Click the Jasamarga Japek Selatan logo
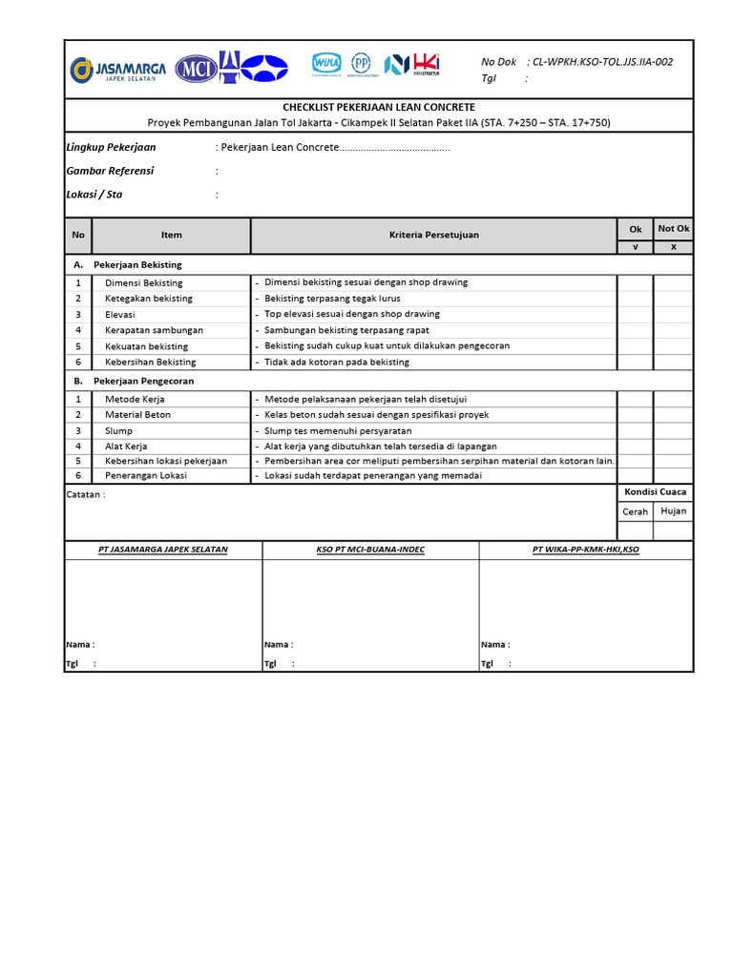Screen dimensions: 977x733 [x=117, y=69]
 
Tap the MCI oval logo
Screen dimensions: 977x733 [x=197, y=69]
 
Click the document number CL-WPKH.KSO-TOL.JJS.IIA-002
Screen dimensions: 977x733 [x=602, y=62]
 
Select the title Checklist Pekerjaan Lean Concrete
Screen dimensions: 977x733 [x=379, y=108]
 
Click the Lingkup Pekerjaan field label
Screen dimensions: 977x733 [x=112, y=148]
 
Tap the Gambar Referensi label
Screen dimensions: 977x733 [x=110, y=171]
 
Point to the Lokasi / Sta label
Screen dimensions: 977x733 [x=94, y=195]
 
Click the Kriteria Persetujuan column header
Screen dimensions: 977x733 [x=434, y=235]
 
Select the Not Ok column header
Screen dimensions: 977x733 [x=673, y=229]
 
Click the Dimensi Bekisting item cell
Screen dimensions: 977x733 [x=144, y=283]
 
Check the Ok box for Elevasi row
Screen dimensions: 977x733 [x=635, y=315]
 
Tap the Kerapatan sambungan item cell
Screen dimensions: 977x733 [x=154, y=330]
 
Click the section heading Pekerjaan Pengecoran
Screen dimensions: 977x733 [x=144, y=381]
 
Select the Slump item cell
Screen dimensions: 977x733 [x=119, y=431]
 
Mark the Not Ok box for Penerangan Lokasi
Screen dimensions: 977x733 [x=673, y=476]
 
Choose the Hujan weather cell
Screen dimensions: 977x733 [x=674, y=511]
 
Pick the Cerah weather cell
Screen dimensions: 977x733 [x=636, y=511]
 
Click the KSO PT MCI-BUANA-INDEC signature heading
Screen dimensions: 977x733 [x=370, y=550]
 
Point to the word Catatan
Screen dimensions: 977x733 [x=84, y=494]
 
